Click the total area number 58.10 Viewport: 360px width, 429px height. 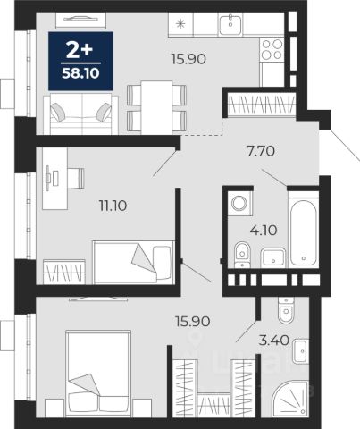pos(80,73)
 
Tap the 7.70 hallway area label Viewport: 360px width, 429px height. pos(261,151)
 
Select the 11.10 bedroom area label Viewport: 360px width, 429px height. pos(113,206)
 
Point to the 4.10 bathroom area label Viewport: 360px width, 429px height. pos(264,230)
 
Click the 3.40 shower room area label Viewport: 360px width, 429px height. pos(274,340)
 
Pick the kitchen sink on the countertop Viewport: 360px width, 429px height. pos(230,25)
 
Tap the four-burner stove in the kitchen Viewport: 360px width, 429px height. pos(272,49)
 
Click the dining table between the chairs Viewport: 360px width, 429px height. pos(156,107)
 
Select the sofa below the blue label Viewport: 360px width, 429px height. pos(80,114)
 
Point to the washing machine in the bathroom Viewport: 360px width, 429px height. pos(239,204)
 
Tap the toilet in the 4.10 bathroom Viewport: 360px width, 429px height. pos(242,255)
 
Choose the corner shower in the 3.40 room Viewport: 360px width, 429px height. pos(290,398)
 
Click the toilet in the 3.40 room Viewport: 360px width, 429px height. pos(286,310)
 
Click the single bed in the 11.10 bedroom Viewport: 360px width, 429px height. pos(133,262)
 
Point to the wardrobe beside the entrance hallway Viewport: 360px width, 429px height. pos(262,105)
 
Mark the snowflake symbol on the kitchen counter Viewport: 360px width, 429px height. pos(180,24)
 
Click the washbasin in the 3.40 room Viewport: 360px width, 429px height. pos(301,351)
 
